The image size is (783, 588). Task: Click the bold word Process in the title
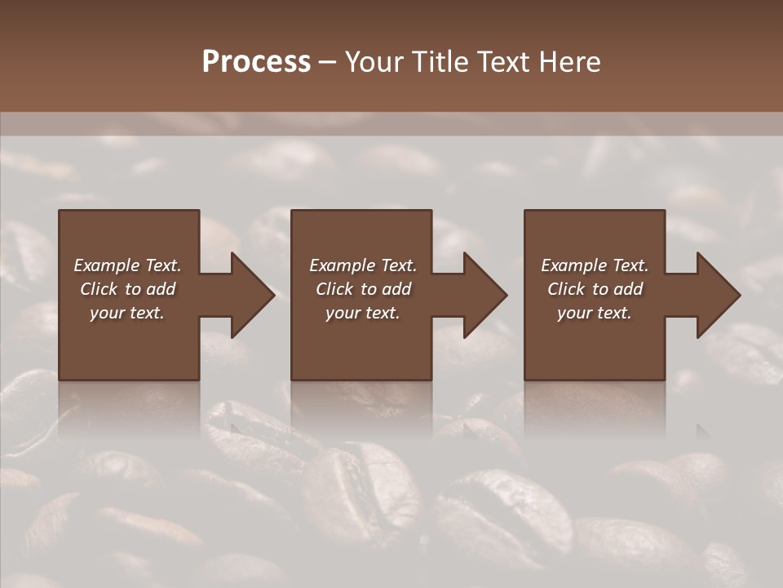(256, 62)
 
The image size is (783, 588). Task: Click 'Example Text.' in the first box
(127, 265)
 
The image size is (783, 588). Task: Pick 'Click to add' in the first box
(127, 289)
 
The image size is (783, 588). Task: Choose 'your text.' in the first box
(127, 313)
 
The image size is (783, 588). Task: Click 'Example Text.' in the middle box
(363, 265)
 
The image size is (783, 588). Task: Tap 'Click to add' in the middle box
(363, 289)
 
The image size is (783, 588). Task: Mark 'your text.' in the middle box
(363, 313)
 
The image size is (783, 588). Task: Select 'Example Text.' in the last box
(595, 265)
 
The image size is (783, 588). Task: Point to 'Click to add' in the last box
(595, 289)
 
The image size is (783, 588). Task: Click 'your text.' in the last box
(595, 313)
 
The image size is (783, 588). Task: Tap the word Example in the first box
(107, 265)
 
